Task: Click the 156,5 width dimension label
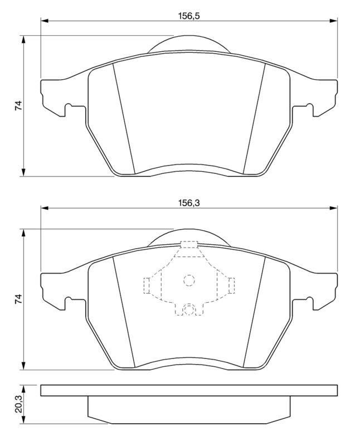click(x=189, y=16)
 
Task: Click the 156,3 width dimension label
click(x=189, y=203)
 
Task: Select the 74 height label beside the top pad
click(x=18, y=105)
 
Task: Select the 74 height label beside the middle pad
click(x=18, y=299)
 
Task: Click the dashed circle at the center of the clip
click(x=189, y=280)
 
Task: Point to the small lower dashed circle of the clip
click(x=189, y=309)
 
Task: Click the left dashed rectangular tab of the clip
click(x=147, y=285)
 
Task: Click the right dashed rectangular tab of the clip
click(x=231, y=285)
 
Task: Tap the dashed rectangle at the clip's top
click(x=189, y=245)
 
